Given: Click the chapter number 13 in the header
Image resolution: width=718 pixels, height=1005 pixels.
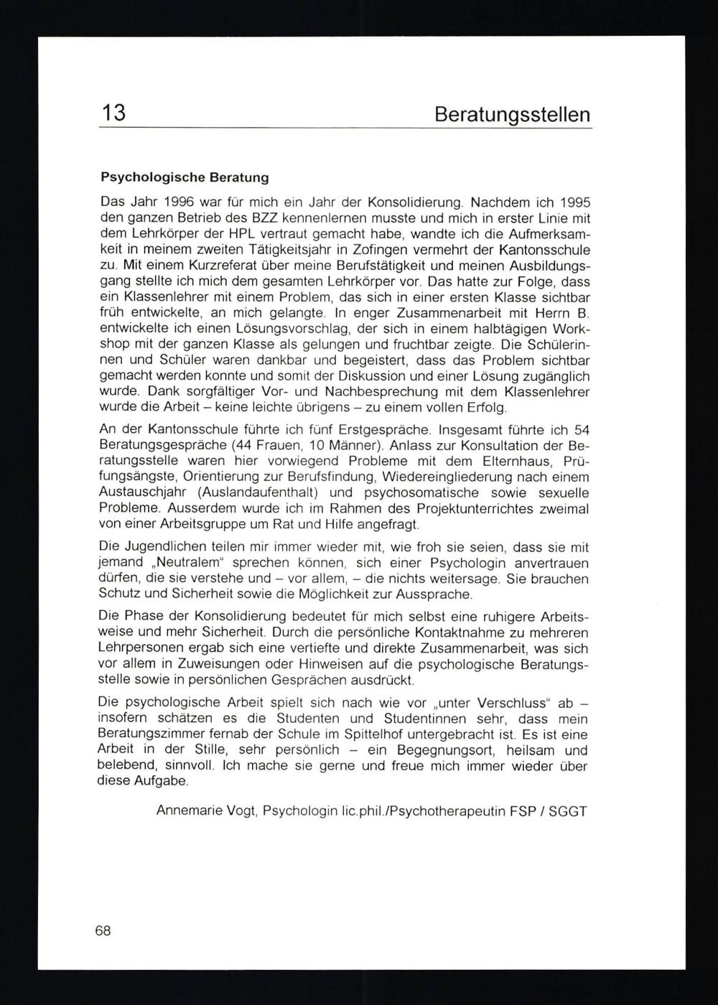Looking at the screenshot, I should [113, 113].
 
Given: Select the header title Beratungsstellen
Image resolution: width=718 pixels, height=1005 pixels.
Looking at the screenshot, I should [513, 115].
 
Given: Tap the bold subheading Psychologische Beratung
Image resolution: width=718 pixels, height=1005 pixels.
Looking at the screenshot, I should [185, 176].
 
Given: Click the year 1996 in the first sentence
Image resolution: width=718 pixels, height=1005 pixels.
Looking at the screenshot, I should [179, 202].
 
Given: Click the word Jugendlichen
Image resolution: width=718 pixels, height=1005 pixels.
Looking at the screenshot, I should [169, 547].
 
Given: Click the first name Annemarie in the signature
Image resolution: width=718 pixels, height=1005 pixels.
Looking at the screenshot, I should [189, 811].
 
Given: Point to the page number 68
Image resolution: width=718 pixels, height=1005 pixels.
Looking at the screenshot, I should [103, 931].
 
